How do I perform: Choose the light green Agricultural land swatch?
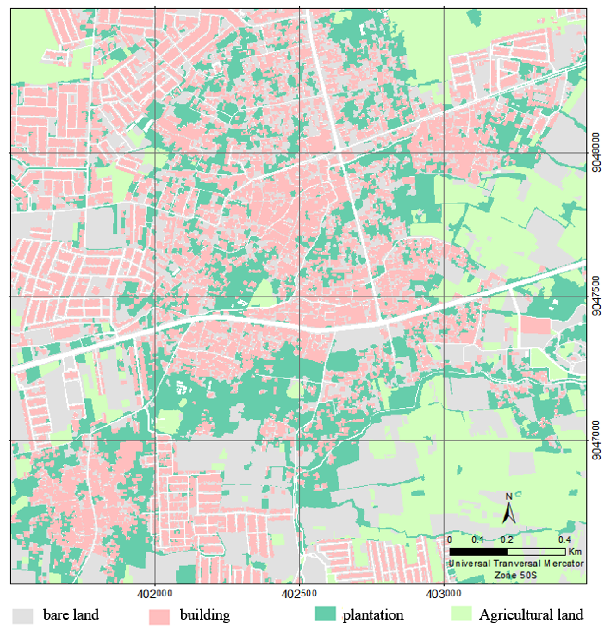pyautogui.click(x=461, y=614)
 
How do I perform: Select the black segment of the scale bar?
pyautogui.click(x=478, y=551)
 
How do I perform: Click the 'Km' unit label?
pyautogui.click(x=575, y=551)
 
